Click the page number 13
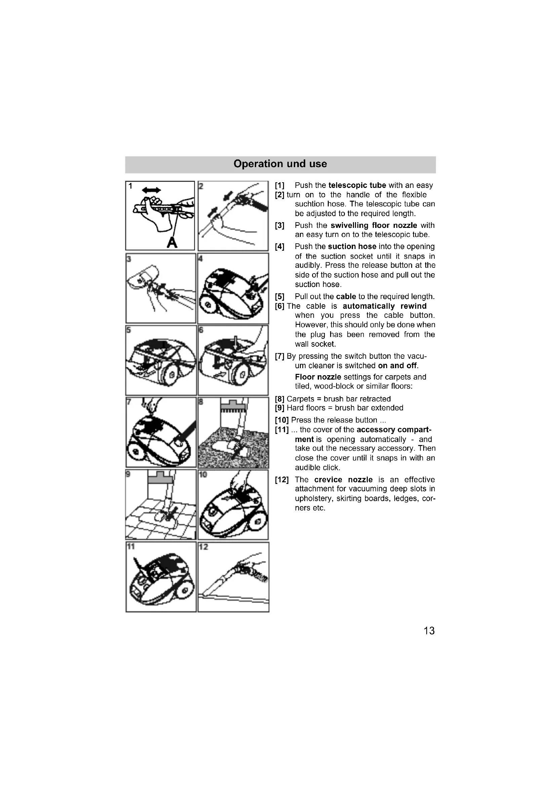(429, 631)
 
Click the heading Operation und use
(280, 164)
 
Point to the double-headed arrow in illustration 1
(151, 190)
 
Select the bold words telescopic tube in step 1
(357, 185)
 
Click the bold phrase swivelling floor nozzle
(374, 225)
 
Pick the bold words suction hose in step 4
(352, 247)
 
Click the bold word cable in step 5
(346, 296)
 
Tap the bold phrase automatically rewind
(385, 306)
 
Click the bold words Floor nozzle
(318, 377)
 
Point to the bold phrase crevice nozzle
(344, 480)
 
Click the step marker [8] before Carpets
(280, 399)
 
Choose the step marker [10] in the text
(282, 420)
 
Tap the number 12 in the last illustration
(203, 547)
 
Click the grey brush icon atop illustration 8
(233, 404)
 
